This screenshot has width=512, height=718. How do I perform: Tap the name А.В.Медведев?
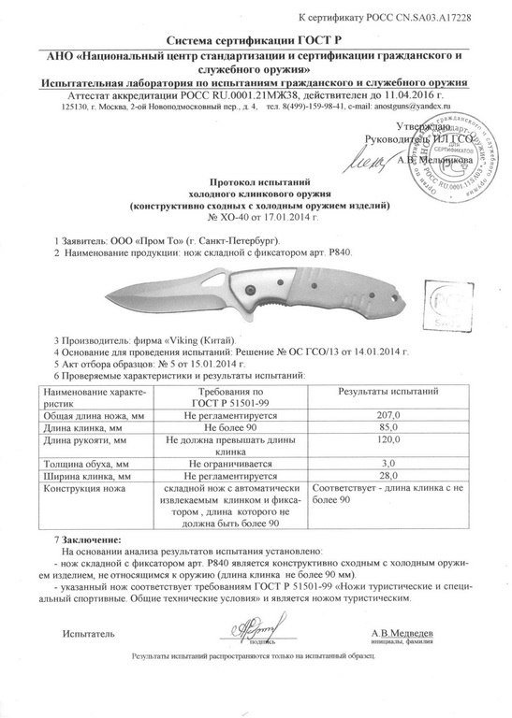(403, 632)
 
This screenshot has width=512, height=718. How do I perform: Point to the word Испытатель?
(87, 633)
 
